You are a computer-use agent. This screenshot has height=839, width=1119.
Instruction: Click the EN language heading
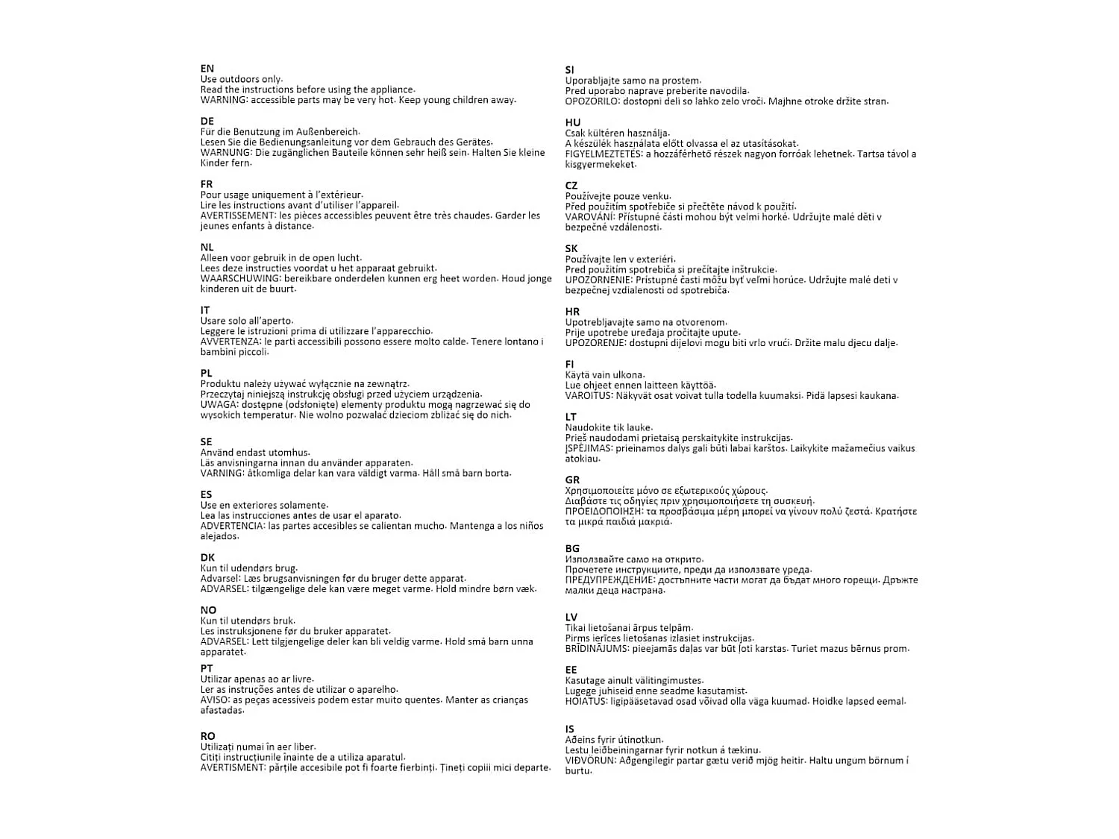[207, 69]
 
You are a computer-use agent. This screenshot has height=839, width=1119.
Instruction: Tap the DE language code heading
[207, 121]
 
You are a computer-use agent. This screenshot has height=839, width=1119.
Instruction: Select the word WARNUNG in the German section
[225, 153]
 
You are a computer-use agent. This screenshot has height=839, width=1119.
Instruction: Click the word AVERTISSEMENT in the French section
[236, 216]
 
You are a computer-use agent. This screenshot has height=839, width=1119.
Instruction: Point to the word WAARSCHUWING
[241, 278]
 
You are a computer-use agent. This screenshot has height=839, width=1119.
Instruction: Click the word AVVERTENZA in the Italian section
[230, 342]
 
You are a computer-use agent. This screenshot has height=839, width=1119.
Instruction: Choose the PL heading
[207, 373]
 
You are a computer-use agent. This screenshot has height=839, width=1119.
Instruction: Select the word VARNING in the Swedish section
[222, 473]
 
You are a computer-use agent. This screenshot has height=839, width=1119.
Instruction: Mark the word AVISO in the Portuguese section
[215, 700]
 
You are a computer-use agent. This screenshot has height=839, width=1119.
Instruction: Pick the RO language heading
[208, 736]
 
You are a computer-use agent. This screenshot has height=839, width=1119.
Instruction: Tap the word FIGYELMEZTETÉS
[604, 154]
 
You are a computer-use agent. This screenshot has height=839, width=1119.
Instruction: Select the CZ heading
[571, 186]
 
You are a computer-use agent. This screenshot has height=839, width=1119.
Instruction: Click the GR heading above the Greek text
[572, 480]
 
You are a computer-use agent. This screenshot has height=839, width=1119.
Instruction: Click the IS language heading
[569, 729]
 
